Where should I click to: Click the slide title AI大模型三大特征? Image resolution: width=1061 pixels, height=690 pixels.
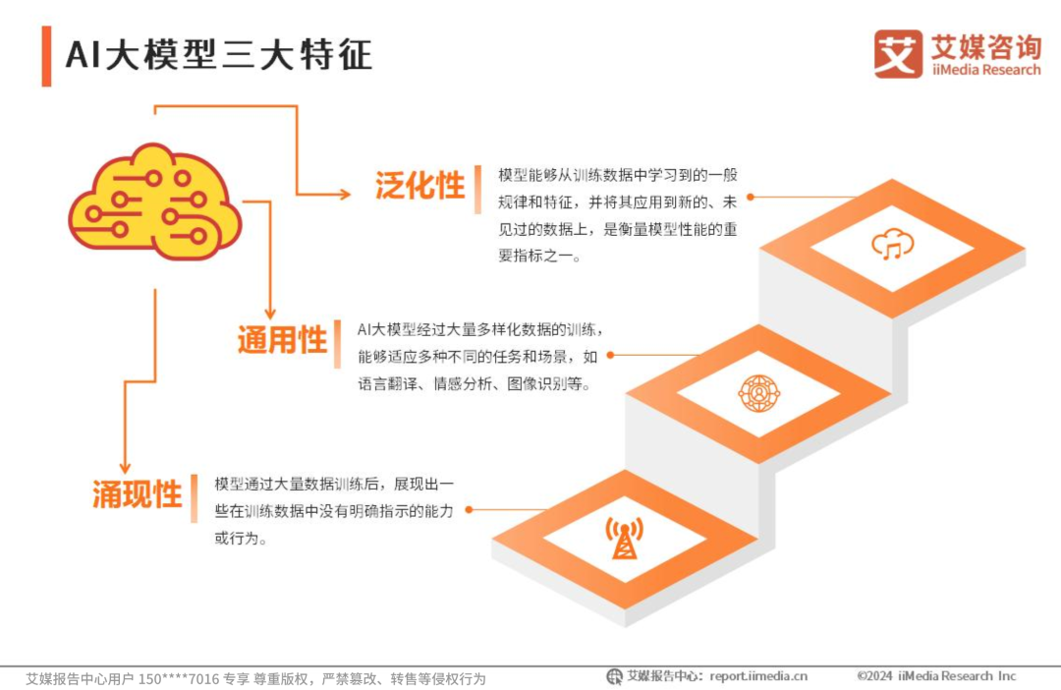(219, 55)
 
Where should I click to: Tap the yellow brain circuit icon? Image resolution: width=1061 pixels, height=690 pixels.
(154, 201)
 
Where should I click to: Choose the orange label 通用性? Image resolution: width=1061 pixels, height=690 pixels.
(282, 340)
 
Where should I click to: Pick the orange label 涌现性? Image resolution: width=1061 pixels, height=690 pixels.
(138, 493)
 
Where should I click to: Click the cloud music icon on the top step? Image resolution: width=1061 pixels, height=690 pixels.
(892, 245)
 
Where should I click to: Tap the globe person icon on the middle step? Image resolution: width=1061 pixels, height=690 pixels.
(758, 393)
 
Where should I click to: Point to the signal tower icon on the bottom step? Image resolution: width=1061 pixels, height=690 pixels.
(624, 539)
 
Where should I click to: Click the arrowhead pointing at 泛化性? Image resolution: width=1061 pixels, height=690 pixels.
(344, 195)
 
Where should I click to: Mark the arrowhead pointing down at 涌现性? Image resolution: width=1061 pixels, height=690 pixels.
(124, 467)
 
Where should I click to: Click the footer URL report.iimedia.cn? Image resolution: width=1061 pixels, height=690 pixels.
(758, 676)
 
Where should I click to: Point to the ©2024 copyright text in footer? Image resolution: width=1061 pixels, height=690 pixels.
(936, 676)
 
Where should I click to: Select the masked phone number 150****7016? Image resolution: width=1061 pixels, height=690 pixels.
(180, 678)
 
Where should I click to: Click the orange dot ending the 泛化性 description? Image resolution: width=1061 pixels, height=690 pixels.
(750, 197)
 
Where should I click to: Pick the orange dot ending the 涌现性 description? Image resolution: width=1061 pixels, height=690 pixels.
(469, 509)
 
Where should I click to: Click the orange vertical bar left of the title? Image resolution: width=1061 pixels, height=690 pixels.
(46, 56)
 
